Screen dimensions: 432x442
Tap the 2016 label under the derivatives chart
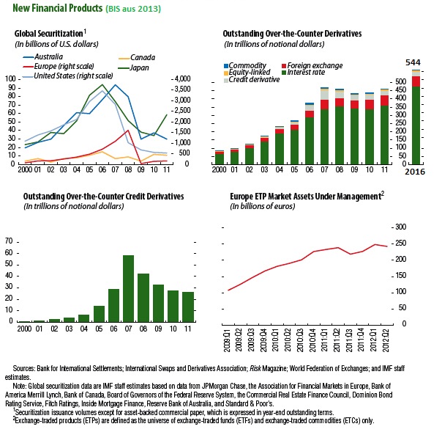click(x=414, y=170)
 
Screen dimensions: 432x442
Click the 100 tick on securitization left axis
click(x=10, y=78)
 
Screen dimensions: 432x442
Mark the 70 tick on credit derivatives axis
click(x=10, y=241)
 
